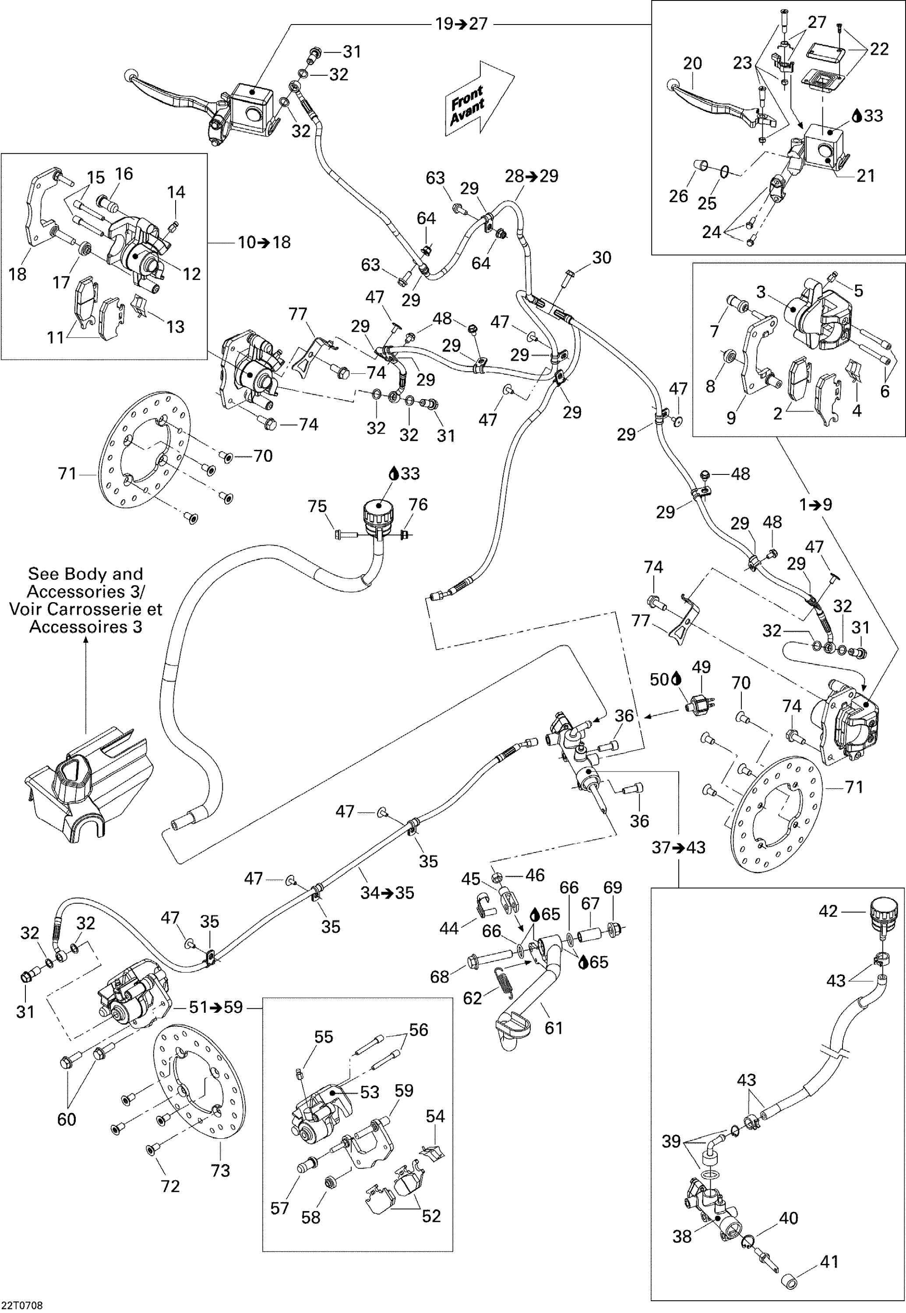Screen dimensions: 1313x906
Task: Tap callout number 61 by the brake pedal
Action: tap(553, 1028)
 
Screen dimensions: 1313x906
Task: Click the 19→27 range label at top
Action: tap(461, 24)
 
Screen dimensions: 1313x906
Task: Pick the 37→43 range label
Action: tap(678, 848)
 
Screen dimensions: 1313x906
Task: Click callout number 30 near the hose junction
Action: tap(602, 258)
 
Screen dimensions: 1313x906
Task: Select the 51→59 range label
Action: tap(216, 1007)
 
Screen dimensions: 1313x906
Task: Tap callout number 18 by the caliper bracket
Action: tap(18, 274)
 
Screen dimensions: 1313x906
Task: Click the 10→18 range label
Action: tap(264, 242)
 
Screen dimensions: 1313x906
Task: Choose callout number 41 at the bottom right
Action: tap(829, 1261)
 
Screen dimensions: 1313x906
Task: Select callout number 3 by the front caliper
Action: tap(761, 293)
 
